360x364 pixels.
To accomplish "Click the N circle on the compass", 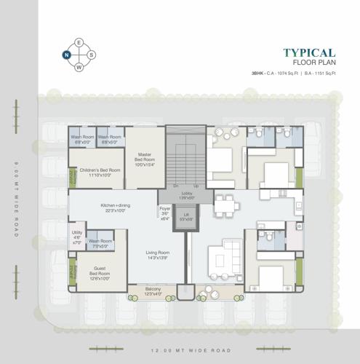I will (x=66, y=55).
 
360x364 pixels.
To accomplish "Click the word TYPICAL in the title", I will (x=308, y=53).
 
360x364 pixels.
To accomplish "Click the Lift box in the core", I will (x=186, y=216).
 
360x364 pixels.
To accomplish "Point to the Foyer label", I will (x=164, y=213).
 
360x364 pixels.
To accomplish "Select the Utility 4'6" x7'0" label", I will (x=77, y=239).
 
